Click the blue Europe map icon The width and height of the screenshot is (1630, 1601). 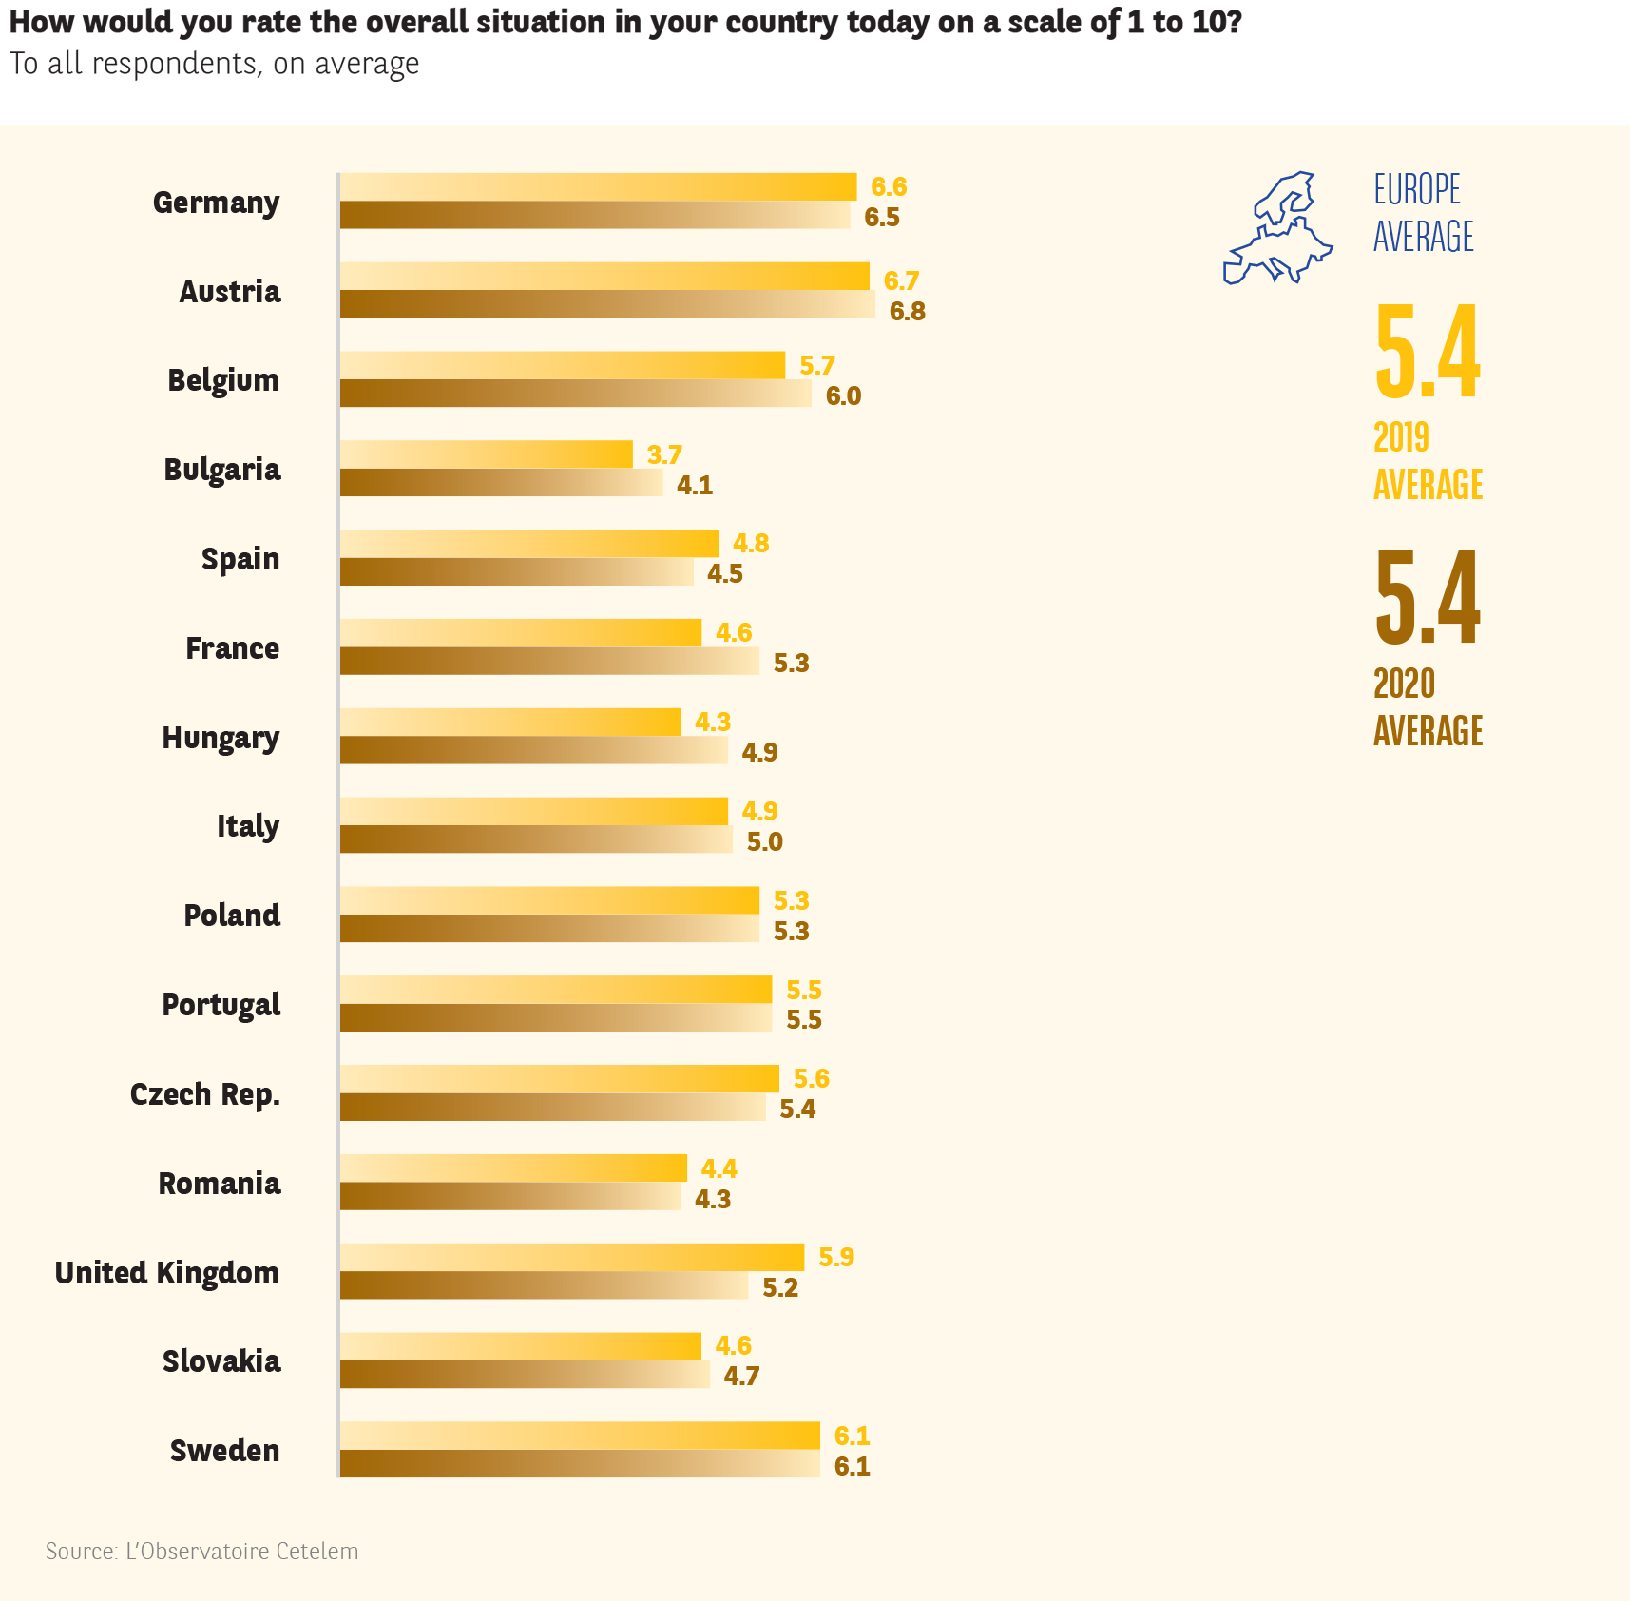click(x=1277, y=229)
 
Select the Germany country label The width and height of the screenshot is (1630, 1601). click(x=216, y=203)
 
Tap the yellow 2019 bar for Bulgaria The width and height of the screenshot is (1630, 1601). click(x=486, y=454)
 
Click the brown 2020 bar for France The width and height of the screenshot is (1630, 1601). click(x=549, y=662)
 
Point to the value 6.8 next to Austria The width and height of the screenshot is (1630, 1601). click(x=907, y=312)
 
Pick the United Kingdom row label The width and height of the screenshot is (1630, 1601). click(x=167, y=1273)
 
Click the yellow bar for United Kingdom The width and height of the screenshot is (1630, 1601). click(x=571, y=1257)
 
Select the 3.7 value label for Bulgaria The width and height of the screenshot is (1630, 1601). click(x=664, y=454)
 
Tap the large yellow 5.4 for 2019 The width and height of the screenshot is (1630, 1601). click(x=1427, y=352)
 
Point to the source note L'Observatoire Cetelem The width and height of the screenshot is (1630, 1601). click(x=202, y=1552)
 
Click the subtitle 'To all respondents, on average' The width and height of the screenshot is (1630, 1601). click(x=214, y=64)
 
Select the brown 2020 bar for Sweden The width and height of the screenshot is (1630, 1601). click(x=580, y=1464)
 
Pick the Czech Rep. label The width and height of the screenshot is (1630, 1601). click(x=205, y=1094)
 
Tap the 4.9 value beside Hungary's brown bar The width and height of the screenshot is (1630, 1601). click(x=759, y=753)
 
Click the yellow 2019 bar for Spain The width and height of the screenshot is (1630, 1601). click(x=529, y=543)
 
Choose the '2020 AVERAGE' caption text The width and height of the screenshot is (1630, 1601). click(x=1428, y=707)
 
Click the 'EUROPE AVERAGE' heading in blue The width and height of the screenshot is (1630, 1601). click(x=1423, y=213)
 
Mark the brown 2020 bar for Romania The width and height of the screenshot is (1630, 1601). click(x=510, y=1196)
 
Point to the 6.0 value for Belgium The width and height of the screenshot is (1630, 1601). click(x=843, y=395)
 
